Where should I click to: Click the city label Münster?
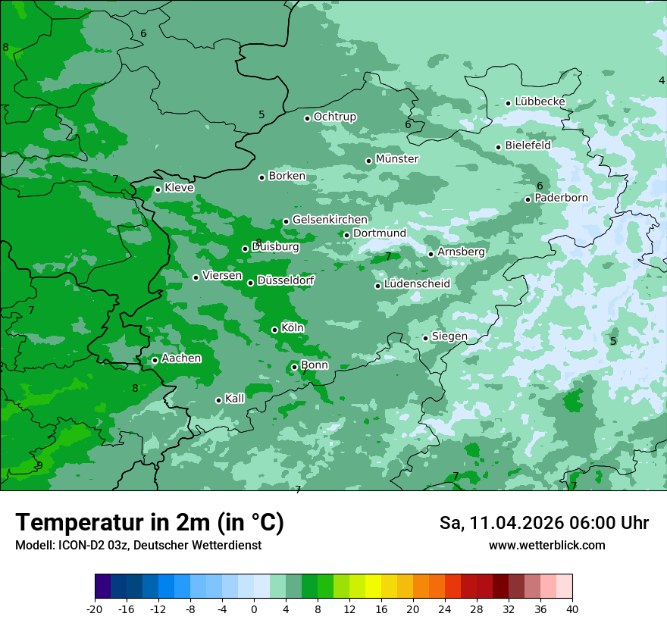pos(397,159)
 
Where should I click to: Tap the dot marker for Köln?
pos(274,330)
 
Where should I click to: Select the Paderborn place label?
pos(561,198)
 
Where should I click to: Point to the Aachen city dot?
pos(155,360)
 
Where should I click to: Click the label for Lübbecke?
pos(540,102)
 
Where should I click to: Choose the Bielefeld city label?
pos(528,146)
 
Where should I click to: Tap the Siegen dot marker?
pos(425,338)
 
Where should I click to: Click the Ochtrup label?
pos(334,117)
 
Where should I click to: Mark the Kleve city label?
pos(179,188)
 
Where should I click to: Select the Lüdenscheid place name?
pos(417,284)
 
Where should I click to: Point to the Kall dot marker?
pos(218,400)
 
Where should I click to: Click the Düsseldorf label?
pos(286,280)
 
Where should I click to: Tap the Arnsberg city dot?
pos(431,254)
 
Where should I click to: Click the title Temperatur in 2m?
pos(149,522)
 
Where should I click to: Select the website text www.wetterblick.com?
pos(546,545)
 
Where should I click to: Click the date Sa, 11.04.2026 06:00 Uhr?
pos(543,523)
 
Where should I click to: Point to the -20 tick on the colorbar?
pos(95,609)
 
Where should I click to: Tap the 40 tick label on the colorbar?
pos(572,609)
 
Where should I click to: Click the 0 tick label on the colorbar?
pos(254,609)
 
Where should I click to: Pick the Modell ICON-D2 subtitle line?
pos(138,545)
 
